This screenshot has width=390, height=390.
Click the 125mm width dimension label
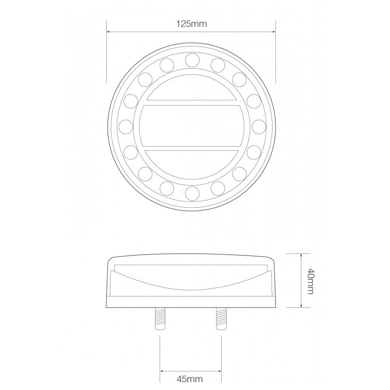(x=191, y=23)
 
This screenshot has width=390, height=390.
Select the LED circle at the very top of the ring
(x=191, y=59)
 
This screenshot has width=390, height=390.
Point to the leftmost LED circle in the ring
(x=125, y=126)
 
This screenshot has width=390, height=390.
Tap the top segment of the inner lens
(x=191, y=90)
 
